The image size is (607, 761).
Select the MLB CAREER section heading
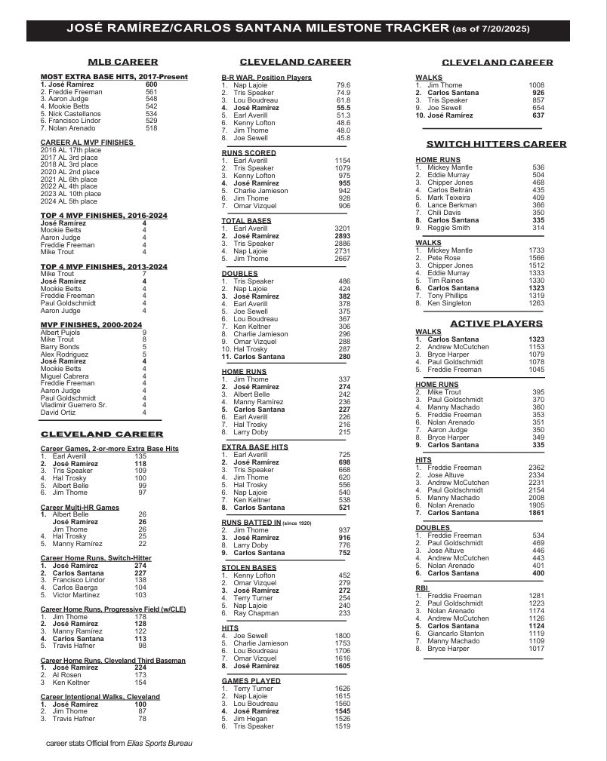tap(122, 62)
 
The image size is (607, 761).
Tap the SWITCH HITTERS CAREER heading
tap(496, 144)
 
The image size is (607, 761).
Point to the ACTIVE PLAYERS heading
tap(496, 324)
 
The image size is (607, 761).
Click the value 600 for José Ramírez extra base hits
tap(152, 84)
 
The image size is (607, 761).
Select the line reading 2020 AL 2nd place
tap(69, 172)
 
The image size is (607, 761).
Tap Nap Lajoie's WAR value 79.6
tap(344, 85)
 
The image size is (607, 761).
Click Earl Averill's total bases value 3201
tap(342, 229)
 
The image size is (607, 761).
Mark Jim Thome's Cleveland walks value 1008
tap(536, 85)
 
